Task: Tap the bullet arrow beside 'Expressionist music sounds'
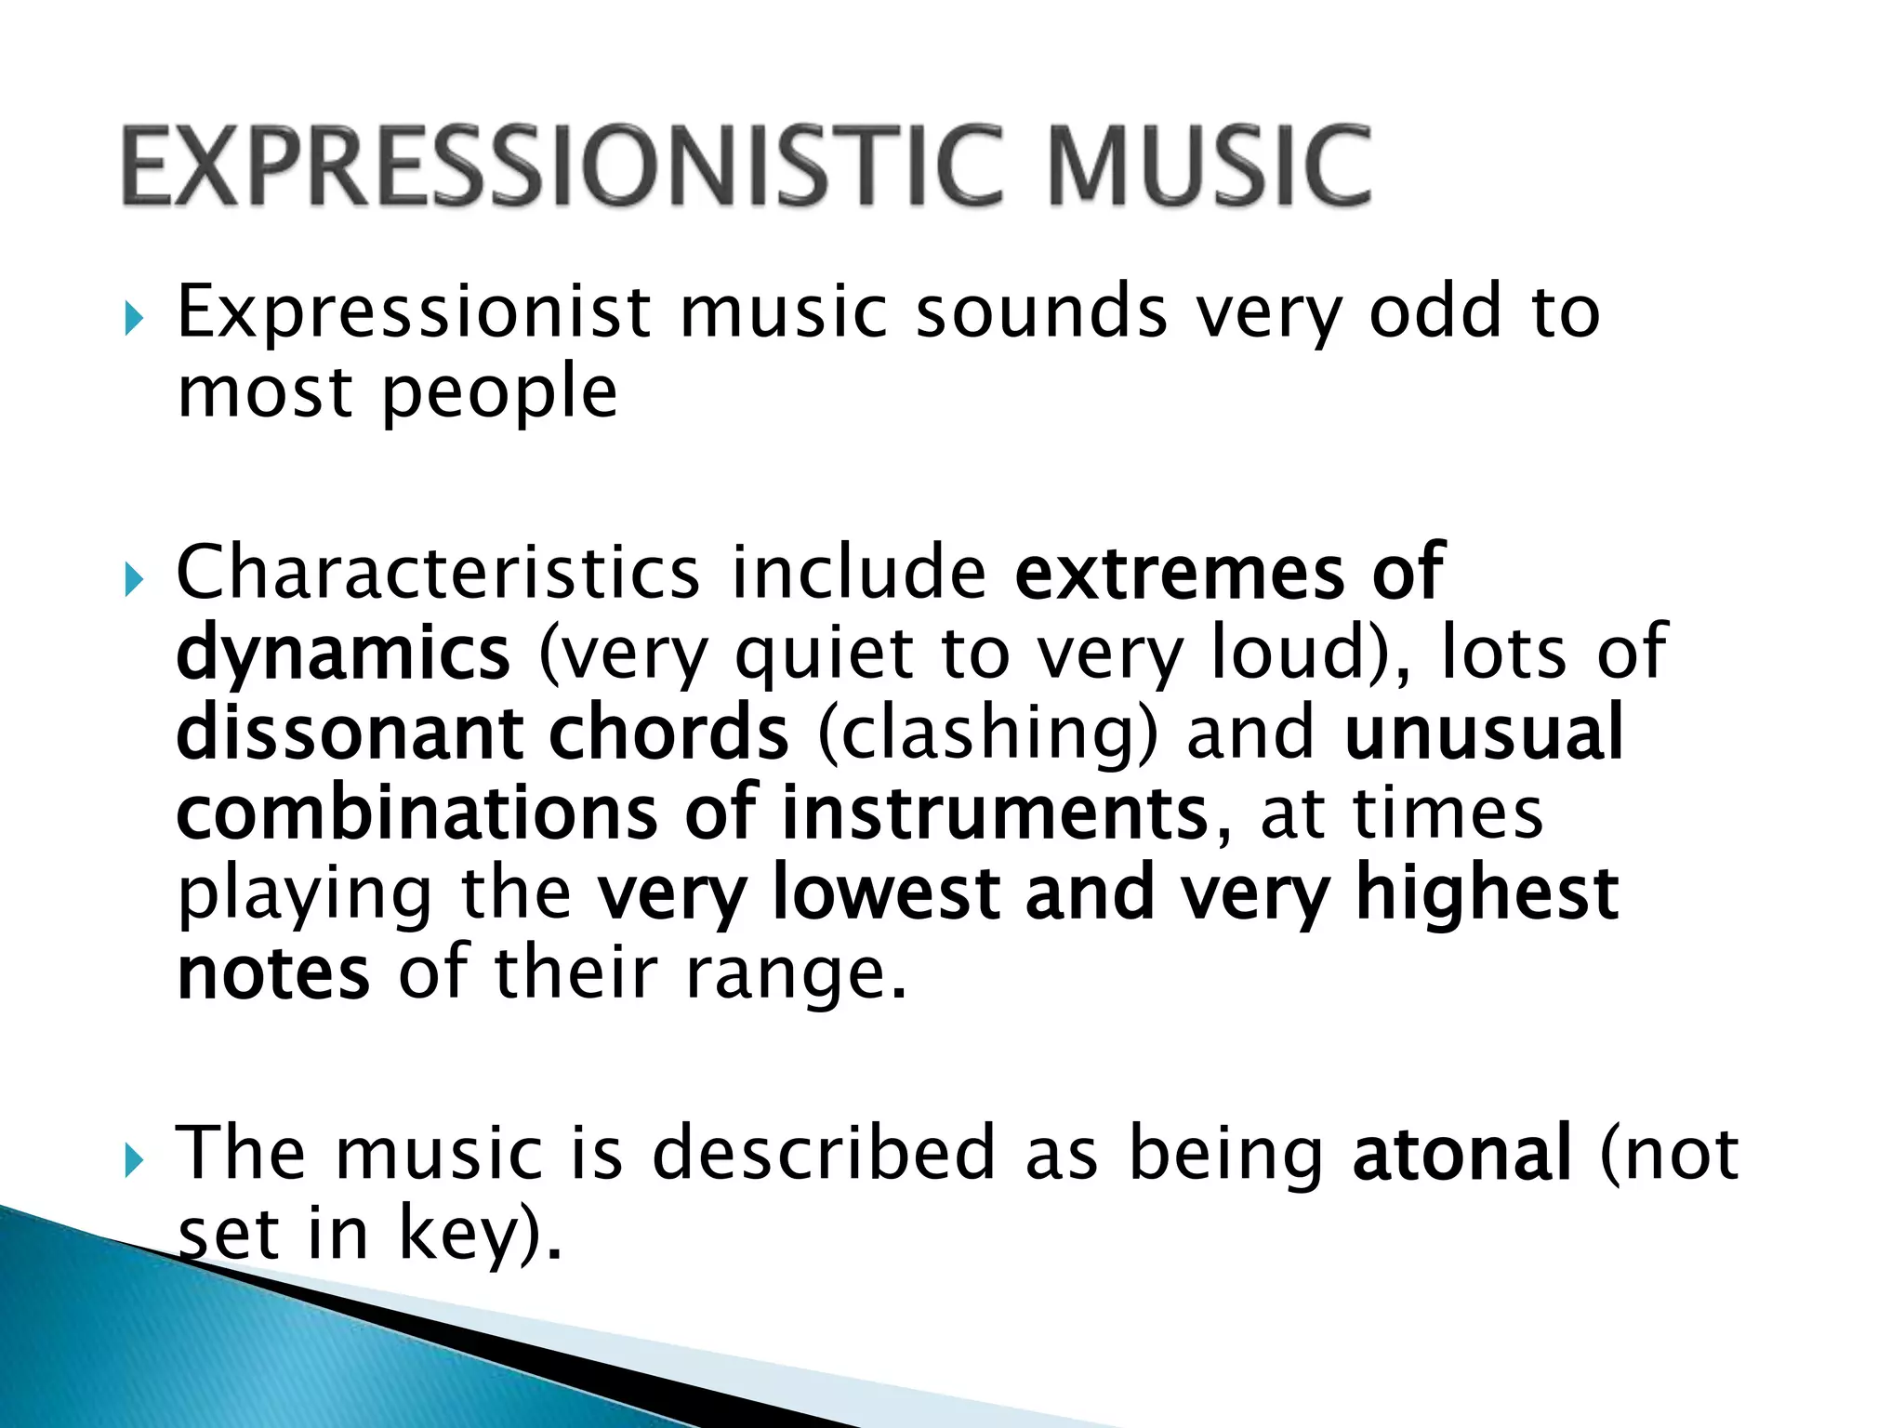134,320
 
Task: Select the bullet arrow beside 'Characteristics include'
134,581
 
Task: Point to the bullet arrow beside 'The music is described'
134,1160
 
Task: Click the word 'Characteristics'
438,572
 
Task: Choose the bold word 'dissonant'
350,733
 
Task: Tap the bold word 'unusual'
1484,733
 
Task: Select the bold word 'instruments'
994,813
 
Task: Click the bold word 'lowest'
886,892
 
